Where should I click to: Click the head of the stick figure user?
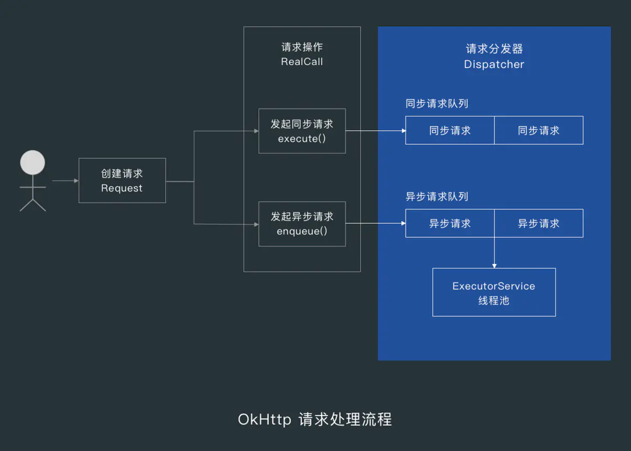33,163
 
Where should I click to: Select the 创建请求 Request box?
122,181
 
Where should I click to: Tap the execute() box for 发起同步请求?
302,131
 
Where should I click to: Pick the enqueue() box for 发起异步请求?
302,224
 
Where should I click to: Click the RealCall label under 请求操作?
302,62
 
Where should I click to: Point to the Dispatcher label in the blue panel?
494,65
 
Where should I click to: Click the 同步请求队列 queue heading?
436,103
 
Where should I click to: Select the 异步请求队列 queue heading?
436,197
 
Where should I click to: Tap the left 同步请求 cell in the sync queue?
450,131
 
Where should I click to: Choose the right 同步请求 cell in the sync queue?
538,131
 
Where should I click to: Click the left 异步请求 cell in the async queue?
450,224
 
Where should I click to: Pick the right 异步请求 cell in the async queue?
538,224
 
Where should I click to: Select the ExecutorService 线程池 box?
494,292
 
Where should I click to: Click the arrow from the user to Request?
65,181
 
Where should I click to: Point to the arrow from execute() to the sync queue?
375,131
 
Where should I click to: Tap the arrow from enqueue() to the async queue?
375,224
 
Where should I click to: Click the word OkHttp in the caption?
264,420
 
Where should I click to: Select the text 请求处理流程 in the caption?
345,420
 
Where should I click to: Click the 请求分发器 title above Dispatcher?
494,49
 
